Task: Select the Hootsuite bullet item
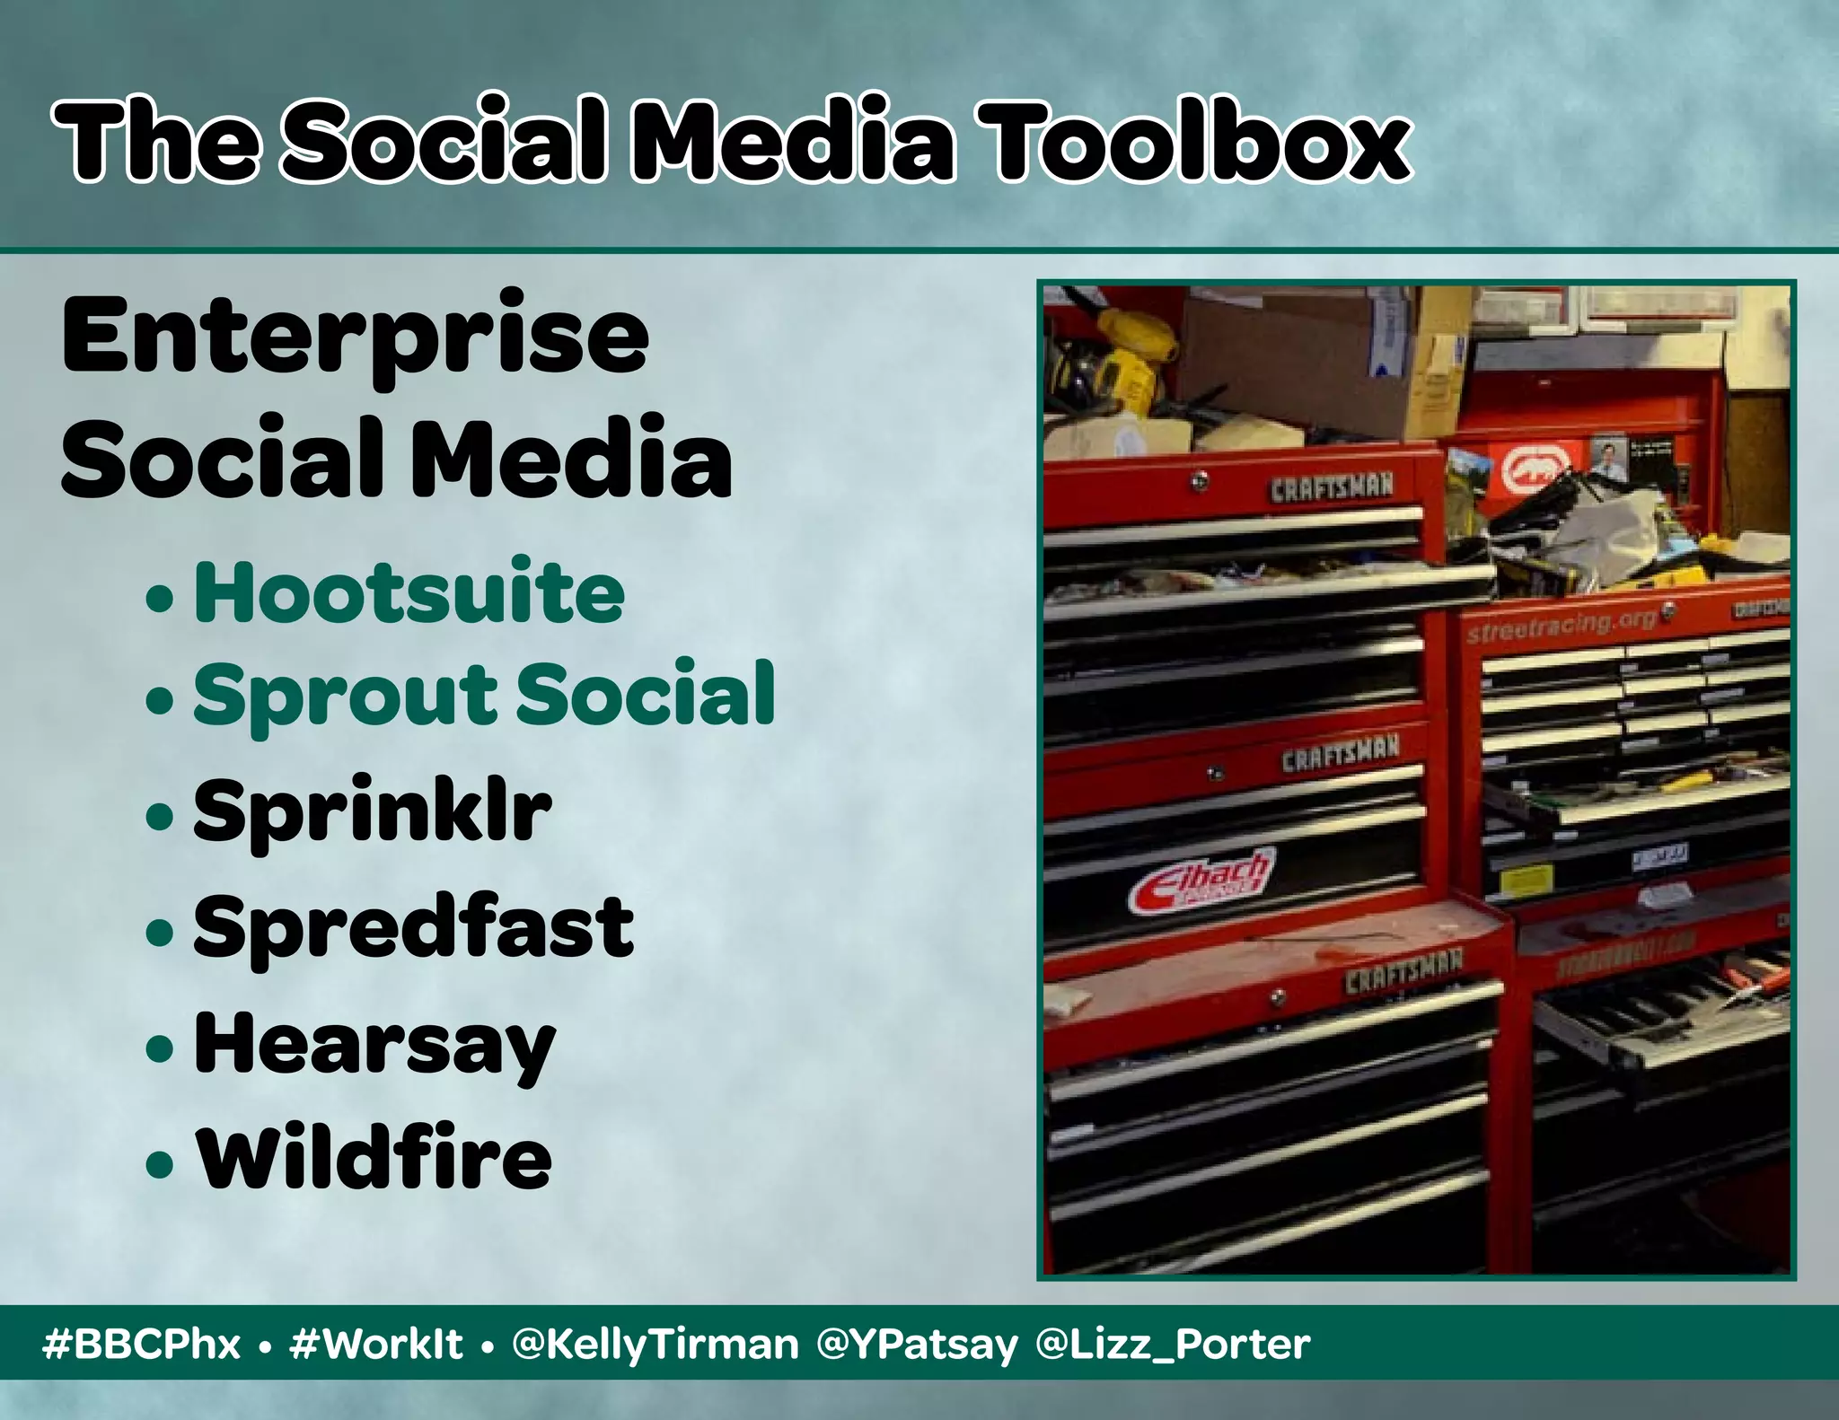pos(409,592)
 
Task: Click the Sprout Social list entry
pos(484,695)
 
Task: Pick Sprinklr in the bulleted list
pos(372,811)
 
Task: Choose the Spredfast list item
pos(413,928)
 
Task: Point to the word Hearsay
pos(374,1045)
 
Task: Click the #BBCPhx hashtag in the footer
pos(142,1345)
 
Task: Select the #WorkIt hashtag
pos(376,1345)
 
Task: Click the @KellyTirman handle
pos(655,1345)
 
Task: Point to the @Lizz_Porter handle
pos(1173,1345)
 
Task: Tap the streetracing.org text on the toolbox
pos(1561,625)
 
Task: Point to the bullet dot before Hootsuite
pos(160,598)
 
